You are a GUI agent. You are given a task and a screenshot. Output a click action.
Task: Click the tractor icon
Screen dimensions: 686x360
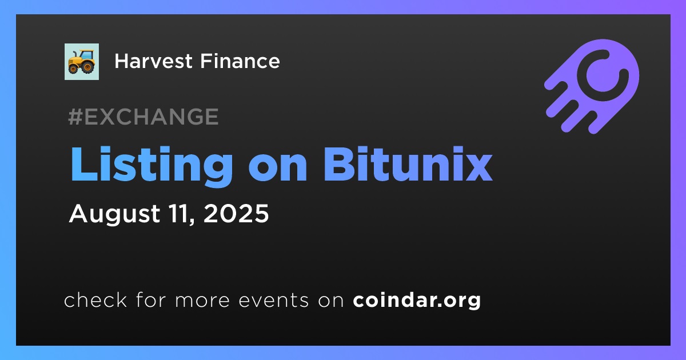(x=81, y=62)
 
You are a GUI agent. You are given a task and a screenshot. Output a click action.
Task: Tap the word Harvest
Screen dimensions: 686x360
(x=153, y=61)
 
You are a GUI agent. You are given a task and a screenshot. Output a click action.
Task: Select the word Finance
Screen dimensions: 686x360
(x=240, y=61)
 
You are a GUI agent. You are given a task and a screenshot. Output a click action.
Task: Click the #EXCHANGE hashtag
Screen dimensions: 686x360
(x=143, y=117)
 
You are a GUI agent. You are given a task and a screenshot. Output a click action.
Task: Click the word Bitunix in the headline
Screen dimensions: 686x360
(x=408, y=164)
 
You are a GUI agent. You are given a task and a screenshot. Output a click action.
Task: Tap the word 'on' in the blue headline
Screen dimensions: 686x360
(x=278, y=169)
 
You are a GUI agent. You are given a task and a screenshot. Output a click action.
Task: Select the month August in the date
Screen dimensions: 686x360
(x=114, y=214)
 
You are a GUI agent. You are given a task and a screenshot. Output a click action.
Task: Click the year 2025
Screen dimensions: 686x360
(x=236, y=213)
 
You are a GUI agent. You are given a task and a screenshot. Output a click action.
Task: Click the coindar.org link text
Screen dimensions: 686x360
(x=417, y=301)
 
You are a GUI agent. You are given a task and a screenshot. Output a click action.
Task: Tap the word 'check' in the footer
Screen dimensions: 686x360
(x=95, y=299)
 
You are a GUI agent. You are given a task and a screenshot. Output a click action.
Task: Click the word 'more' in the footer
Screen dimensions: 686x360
(x=202, y=301)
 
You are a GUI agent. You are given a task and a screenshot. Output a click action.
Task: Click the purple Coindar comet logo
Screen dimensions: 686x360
(x=592, y=86)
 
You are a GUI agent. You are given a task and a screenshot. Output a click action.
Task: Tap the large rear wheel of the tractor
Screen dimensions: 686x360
(x=88, y=66)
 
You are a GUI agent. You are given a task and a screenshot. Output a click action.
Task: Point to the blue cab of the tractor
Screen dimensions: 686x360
(x=86, y=55)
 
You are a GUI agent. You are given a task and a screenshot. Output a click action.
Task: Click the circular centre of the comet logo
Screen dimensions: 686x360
(x=603, y=75)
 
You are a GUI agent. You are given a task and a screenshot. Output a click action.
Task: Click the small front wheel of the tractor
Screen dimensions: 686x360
(x=73, y=69)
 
